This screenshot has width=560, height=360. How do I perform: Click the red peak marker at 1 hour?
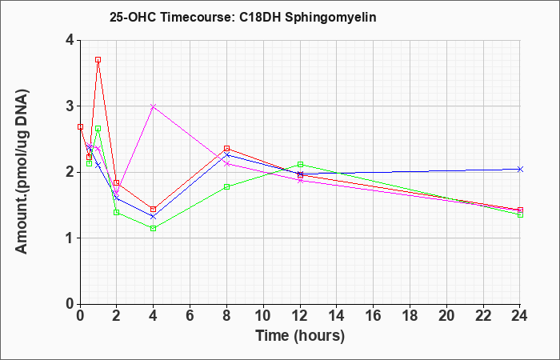pos(98,60)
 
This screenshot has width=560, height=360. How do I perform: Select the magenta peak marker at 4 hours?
pos(154,106)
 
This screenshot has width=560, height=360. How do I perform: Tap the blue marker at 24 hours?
pos(520,170)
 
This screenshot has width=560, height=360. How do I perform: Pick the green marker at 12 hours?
pos(300,164)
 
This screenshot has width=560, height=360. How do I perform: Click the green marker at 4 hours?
pos(154,228)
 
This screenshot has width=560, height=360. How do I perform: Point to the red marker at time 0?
pos(80,126)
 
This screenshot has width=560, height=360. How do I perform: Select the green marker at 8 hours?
pos(226,186)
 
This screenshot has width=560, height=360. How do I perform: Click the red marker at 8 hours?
pos(226,148)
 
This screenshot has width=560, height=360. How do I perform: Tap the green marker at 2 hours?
pos(117,212)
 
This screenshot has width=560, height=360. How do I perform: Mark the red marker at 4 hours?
pos(154,210)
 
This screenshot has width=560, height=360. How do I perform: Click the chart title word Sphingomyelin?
pos(330,17)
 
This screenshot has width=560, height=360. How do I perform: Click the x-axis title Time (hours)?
pos(300,336)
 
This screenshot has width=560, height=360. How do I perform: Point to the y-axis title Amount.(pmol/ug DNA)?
pos(22,171)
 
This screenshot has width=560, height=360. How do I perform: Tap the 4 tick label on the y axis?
pos(70,40)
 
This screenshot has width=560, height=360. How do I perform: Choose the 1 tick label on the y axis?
pos(70,238)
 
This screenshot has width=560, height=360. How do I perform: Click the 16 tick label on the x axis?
pos(374,315)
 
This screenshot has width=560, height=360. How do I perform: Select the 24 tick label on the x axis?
pos(520,315)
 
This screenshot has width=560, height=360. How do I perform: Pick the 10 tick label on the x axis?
pos(263,315)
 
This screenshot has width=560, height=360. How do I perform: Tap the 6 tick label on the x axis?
pos(190,315)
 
